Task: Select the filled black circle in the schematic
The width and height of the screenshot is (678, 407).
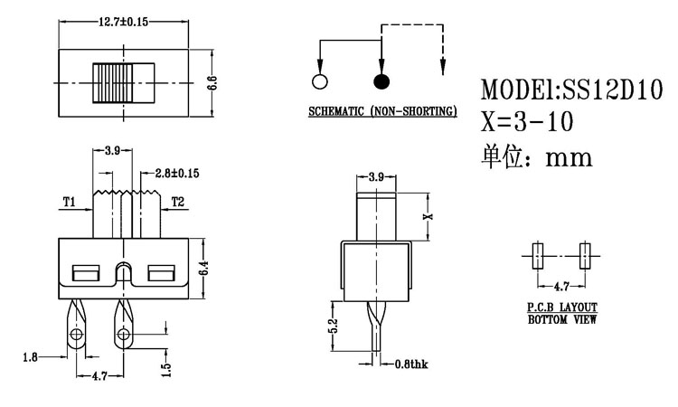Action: click(x=381, y=82)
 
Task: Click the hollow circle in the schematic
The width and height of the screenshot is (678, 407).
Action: click(x=318, y=82)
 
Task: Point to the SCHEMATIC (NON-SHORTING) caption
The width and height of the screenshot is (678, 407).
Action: click(x=381, y=112)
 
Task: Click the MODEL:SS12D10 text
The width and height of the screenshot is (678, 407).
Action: click(x=571, y=90)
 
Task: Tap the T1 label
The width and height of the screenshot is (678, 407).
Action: click(x=69, y=201)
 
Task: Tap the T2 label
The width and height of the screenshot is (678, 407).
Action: click(x=177, y=201)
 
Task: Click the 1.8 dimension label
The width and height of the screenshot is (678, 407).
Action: click(x=31, y=357)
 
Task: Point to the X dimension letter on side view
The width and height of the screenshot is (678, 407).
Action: click(x=430, y=215)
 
